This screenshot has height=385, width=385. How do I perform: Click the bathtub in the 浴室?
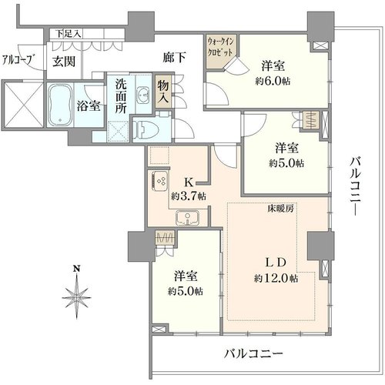coord(60,105)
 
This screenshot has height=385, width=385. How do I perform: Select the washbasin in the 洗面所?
coord(143,94)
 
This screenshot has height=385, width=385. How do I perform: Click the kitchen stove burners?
coord(159,181)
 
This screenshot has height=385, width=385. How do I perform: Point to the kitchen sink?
coord(188,218)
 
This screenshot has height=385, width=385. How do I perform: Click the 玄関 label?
coord(64,62)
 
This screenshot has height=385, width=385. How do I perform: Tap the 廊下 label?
coord(174,57)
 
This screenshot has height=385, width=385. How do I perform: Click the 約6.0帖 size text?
coord(273,82)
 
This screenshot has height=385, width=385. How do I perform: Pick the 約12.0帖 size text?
coord(276,278)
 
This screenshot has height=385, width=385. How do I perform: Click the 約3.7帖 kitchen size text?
coord(189,196)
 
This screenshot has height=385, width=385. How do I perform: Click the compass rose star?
coord(77,296)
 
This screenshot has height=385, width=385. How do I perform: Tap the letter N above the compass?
coord(76,269)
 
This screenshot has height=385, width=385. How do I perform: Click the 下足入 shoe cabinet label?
coord(69,34)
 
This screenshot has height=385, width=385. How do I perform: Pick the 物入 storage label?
coord(162,92)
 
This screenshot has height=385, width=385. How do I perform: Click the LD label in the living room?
coord(275,263)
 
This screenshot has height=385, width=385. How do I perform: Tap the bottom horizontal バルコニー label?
coord(253,354)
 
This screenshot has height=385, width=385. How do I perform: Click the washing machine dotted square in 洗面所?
coord(119,131)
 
